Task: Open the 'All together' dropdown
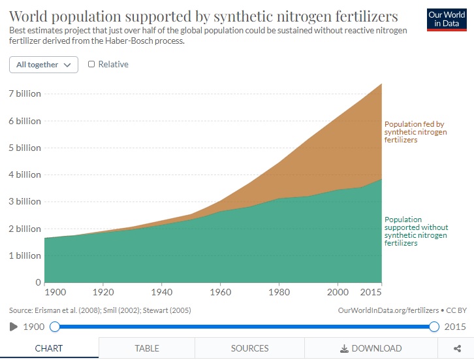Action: [44, 65]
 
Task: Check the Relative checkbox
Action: [91, 64]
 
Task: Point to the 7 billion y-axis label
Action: [24, 93]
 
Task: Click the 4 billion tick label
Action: [24, 175]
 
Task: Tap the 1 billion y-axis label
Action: [24, 256]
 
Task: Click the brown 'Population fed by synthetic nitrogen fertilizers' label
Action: [415, 131]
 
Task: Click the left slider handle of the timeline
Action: [55, 327]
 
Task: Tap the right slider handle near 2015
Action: [434, 327]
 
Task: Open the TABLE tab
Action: [147, 348]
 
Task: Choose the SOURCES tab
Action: [249, 348]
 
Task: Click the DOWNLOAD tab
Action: [370, 348]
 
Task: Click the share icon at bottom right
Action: [457, 348]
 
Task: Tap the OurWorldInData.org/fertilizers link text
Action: [389, 310]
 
